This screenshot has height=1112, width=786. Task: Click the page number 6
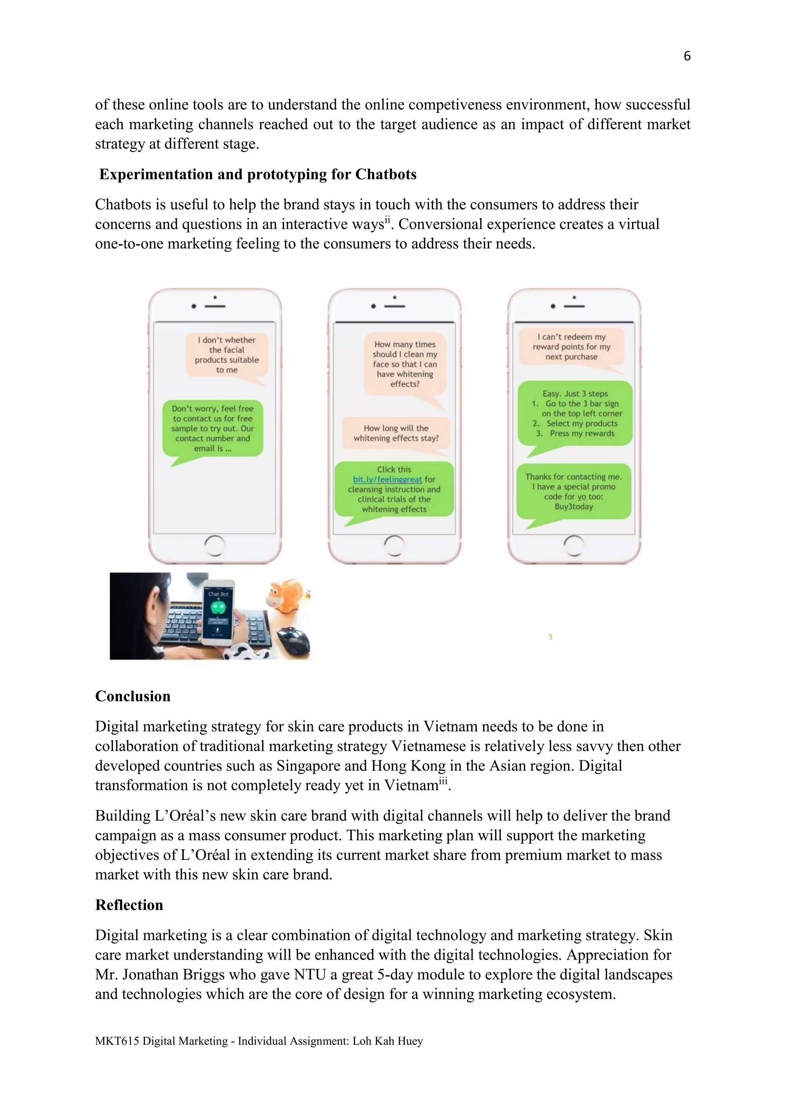click(687, 56)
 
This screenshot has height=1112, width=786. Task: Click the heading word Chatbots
click(386, 174)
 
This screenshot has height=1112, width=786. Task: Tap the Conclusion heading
click(133, 696)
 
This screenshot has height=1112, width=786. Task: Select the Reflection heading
click(129, 905)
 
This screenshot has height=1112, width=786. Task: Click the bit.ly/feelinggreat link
click(387, 480)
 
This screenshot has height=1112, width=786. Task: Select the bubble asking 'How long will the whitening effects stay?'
click(396, 433)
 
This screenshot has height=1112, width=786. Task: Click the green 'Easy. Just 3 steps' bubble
click(575, 414)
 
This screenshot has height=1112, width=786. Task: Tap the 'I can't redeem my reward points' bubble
click(571, 347)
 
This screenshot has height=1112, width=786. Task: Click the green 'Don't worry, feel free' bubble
click(213, 429)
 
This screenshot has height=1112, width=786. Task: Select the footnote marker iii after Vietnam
click(443, 780)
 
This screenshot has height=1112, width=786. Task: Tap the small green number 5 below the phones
click(550, 637)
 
